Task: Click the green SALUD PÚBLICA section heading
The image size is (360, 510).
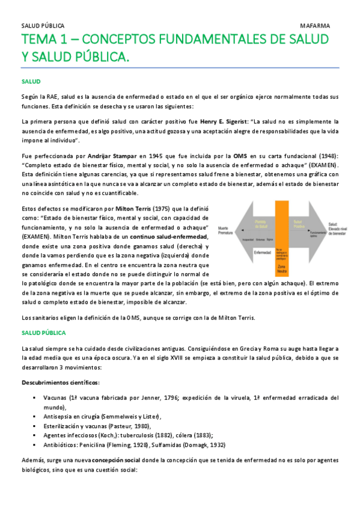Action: tap(43, 332)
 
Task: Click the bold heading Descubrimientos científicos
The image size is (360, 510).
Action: tap(61, 383)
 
